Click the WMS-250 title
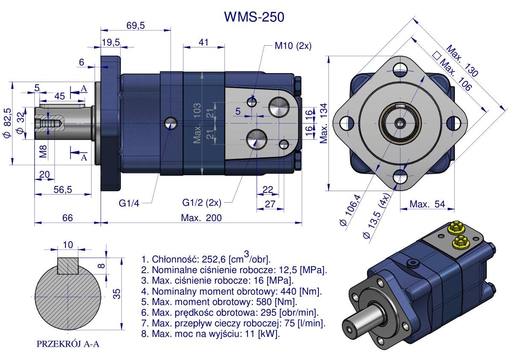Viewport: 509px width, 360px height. point(254,17)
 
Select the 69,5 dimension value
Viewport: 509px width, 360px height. point(135,26)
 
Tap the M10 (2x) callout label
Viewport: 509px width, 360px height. point(293,46)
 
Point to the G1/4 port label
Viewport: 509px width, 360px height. point(129,203)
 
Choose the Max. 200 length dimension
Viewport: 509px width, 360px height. point(201,218)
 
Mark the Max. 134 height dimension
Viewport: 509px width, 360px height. point(324,123)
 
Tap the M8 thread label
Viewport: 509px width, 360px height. point(44,151)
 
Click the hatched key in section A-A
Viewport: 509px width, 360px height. point(68,266)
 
